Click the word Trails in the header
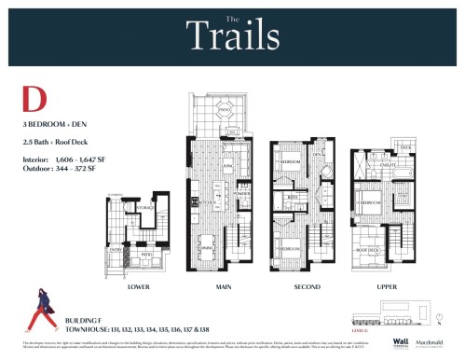[x=232, y=36]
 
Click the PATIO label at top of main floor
[x=225, y=110]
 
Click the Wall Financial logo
[x=400, y=342]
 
